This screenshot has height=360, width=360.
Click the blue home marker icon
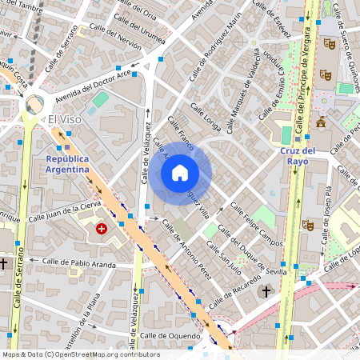[180, 173]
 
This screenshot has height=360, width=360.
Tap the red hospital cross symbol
[102, 229]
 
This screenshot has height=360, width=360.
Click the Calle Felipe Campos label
[257, 225]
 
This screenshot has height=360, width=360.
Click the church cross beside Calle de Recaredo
[266, 292]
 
